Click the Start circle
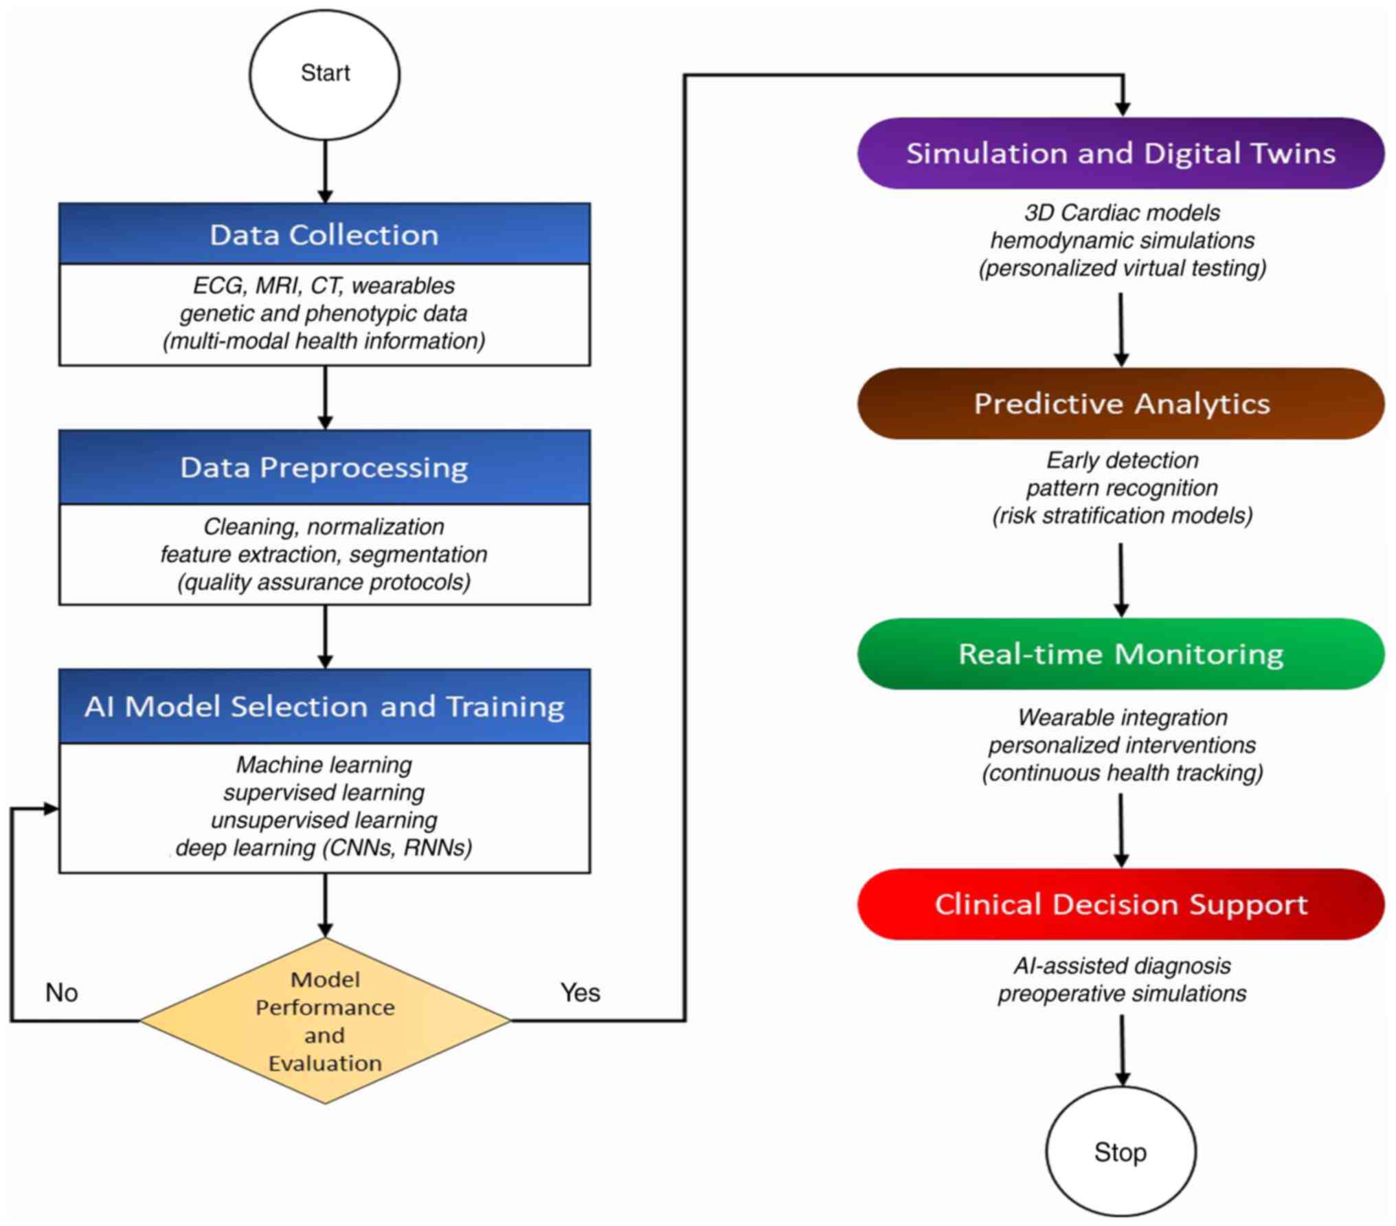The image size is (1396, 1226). click(x=324, y=74)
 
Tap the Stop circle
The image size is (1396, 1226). click(x=1121, y=1152)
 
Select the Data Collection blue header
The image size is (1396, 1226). click(x=324, y=234)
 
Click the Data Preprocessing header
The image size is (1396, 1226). click(x=324, y=467)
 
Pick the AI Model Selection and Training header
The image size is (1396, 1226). click(x=324, y=706)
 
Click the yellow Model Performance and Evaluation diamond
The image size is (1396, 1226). click(x=325, y=1021)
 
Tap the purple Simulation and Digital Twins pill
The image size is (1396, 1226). click(x=1121, y=153)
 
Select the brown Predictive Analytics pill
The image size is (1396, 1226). click(x=1121, y=403)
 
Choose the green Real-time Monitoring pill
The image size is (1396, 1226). click(x=1121, y=654)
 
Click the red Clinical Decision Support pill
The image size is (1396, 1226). click(x=1121, y=904)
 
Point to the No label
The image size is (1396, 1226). click(x=62, y=992)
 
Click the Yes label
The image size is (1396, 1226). click(x=580, y=992)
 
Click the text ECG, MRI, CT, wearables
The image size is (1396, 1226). click(x=324, y=285)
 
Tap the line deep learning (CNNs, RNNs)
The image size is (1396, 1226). click(x=324, y=847)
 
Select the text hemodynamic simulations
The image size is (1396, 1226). click(x=1122, y=241)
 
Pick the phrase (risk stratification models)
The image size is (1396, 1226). click(x=1122, y=515)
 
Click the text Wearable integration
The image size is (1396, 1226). click(x=1122, y=717)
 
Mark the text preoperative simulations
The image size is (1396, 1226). click(x=1122, y=994)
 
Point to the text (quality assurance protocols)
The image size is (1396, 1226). click(x=324, y=582)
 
